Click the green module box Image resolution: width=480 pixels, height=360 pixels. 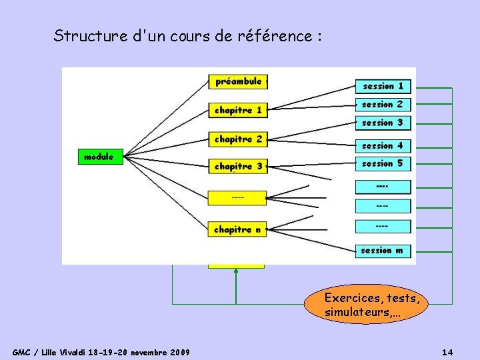point(99,157)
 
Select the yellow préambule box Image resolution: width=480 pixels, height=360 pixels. point(238,81)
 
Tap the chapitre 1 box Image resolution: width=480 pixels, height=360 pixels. point(238,109)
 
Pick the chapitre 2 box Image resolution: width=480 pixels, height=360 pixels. point(238,139)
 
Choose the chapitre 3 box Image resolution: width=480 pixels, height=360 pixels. point(238,166)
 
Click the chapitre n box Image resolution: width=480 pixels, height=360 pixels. point(238,229)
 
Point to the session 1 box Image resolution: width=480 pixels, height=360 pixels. point(383,86)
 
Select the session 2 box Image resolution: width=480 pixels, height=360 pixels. point(383,104)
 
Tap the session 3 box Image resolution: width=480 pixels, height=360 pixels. point(383,123)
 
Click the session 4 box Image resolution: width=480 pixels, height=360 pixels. point(383,145)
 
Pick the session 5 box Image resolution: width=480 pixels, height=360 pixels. point(383,163)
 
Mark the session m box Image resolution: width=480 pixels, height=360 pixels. point(383,251)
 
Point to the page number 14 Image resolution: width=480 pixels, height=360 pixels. point(447,351)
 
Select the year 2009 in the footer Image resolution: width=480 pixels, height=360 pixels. point(180,351)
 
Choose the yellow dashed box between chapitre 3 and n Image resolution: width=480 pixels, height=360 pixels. point(238,198)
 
